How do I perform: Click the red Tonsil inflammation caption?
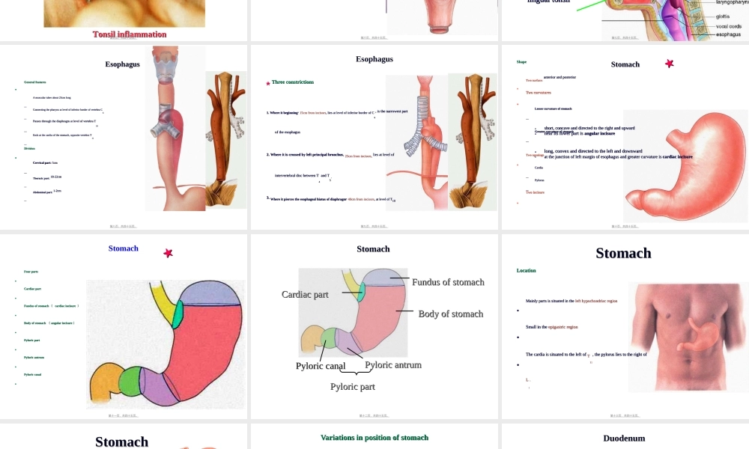pos(130,34)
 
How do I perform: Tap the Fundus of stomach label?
pos(448,282)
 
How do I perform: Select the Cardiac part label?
pos(305,295)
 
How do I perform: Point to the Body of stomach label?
pos(451,314)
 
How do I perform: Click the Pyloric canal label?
pos(320,367)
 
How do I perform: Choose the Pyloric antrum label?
pos(393,365)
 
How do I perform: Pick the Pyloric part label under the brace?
pos(353,387)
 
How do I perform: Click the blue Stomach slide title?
pos(124,248)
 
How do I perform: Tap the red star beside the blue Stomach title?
pos(169,254)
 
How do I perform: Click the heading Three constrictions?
pos(293,82)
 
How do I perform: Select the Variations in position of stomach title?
pos(374,438)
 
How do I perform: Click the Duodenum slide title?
pos(624,439)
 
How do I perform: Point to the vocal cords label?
pos(729,26)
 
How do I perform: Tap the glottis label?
pos(723,16)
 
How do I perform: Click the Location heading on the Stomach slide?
pos(527,271)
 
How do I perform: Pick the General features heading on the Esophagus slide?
pos(34,82)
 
